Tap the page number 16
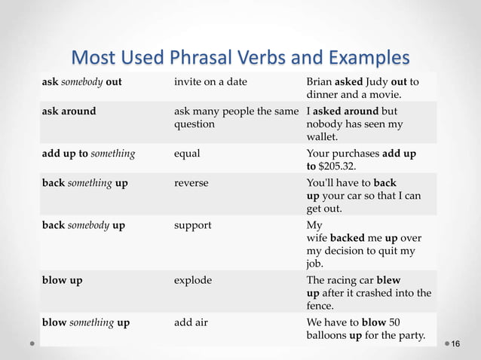coord(455,343)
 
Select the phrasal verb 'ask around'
coord(69,111)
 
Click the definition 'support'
coord(192,224)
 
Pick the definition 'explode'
coord(192,280)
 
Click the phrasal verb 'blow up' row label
coord(63,280)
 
